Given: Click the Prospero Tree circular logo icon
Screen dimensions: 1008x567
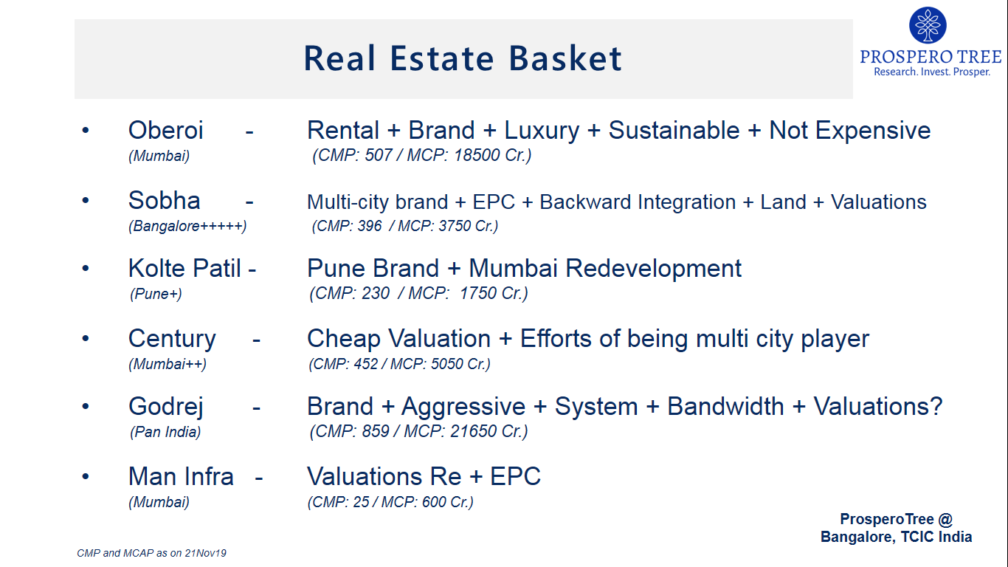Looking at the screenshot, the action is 928,25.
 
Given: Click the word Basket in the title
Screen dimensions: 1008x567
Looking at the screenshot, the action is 565,58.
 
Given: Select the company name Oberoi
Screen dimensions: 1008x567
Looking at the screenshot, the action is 165,131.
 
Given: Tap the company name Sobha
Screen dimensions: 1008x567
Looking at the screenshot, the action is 165,200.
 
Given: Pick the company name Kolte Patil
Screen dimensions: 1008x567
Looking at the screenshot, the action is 184,269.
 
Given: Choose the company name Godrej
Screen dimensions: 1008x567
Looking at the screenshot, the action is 166,408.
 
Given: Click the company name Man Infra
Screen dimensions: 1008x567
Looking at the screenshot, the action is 181,476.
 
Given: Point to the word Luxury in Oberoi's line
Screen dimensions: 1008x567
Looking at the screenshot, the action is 542,131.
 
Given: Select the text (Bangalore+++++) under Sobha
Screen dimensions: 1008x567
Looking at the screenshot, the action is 187,226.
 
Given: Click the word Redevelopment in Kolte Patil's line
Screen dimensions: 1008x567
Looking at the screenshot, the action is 653,269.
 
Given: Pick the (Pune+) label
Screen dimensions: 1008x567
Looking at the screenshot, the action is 156,294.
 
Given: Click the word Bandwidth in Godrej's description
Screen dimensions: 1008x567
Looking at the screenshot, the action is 725,407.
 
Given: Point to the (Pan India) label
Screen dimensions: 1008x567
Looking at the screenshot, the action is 165,433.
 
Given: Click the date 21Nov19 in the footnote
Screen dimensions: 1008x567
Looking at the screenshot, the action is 205,553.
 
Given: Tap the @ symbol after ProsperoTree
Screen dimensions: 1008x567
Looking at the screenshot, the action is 945,519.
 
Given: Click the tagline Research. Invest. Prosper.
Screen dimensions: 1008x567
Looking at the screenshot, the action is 932,72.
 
